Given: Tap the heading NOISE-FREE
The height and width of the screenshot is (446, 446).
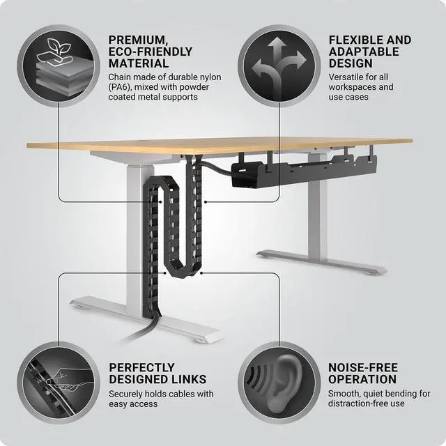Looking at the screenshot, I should click(x=363, y=367).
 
